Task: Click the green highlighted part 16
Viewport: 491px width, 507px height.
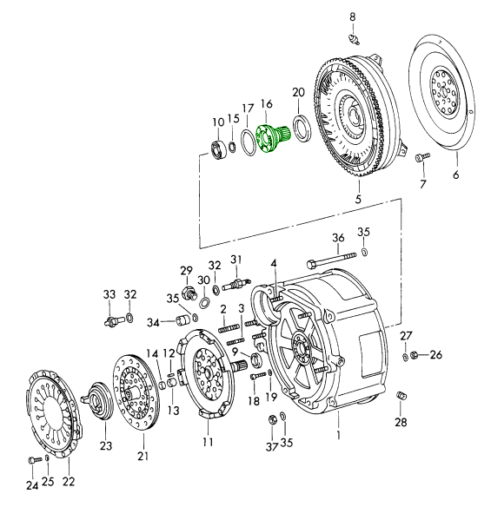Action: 273,138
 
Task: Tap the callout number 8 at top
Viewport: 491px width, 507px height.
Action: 353,16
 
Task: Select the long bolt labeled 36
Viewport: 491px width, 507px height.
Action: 331,260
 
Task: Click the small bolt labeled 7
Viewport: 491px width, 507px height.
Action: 422,157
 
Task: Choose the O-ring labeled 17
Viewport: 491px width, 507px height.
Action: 249,142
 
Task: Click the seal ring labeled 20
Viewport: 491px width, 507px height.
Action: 302,128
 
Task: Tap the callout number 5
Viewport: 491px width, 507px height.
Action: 358,200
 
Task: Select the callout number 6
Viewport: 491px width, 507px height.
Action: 456,174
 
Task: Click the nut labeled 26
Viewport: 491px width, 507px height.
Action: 414,355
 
